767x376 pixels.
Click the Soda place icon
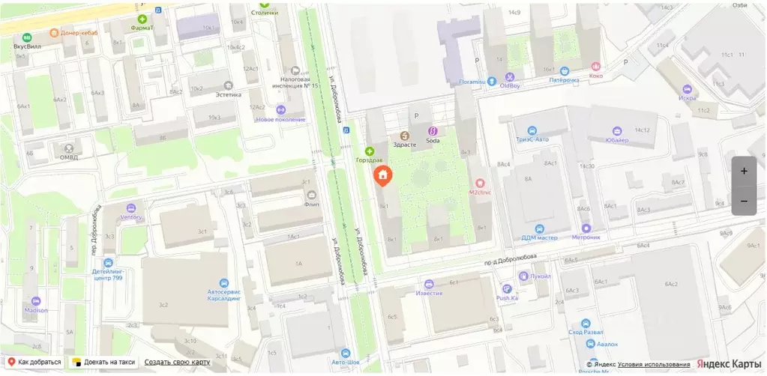(433, 132)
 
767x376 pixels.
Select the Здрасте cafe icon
(405, 136)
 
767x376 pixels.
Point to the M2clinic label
(480, 192)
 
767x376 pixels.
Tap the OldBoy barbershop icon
(510, 76)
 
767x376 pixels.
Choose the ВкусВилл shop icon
(28, 37)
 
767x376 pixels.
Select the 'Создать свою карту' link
(178, 362)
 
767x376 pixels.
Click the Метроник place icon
(586, 228)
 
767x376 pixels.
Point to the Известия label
(429, 293)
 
